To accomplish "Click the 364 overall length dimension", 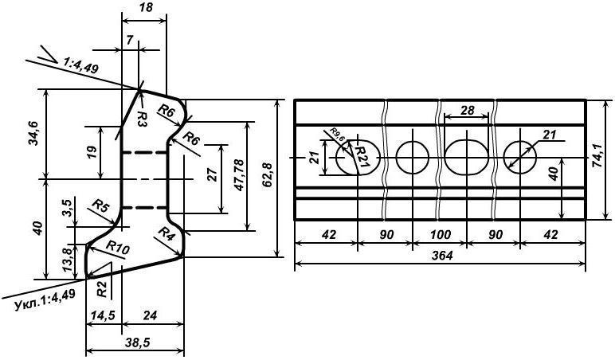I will tap(440, 256).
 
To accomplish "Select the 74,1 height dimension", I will tap(604, 158).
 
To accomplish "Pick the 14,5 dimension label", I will tap(103, 315).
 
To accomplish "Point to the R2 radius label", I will tap(102, 284).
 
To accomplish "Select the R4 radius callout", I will tap(166, 236).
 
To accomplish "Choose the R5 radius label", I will tap(100, 207).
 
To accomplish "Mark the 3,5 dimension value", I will tap(68, 213).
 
